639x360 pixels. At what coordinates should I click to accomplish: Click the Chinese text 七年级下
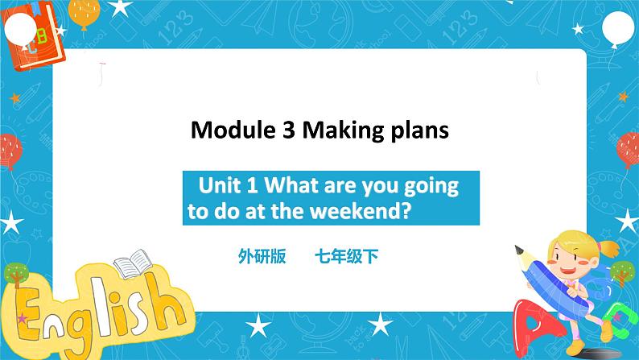(347, 257)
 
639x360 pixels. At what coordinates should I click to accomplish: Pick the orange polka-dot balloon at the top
(84, 12)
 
